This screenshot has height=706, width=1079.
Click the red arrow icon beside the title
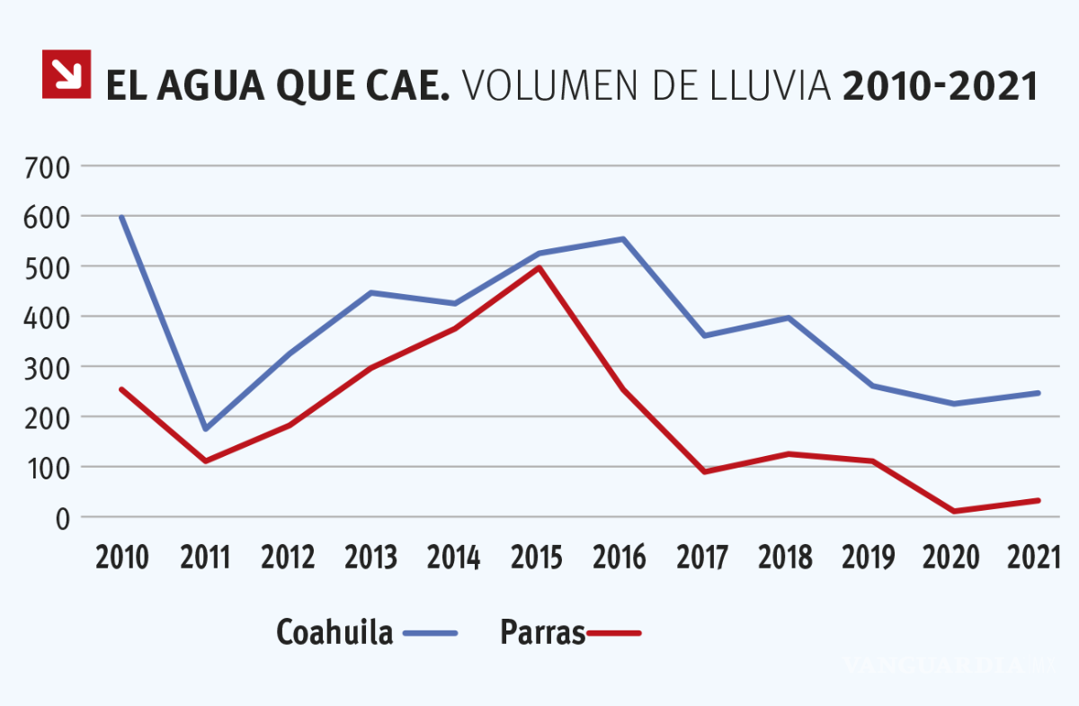[x=67, y=74]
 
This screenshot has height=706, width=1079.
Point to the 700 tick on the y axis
[x=49, y=167]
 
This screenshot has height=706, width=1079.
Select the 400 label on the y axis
[x=49, y=317]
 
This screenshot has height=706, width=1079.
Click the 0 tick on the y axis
[x=63, y=518]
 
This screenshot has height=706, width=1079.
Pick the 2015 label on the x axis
[x=538, y=559]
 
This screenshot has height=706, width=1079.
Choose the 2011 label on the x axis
[x=205, y=559]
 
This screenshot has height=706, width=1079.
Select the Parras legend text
[x=542, y=632]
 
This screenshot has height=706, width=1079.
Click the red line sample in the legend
[x=614, y=633]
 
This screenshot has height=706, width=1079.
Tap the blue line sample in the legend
[x=431, y=633]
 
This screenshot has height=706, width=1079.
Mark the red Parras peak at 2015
[x=539, y=267]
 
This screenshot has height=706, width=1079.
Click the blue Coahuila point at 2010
[x=121, y=217]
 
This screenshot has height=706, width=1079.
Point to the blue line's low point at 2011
[x=205, y=429]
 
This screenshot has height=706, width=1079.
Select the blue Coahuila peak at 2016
[x=622, y=238]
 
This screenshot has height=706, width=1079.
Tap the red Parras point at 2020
[x=954, y=511]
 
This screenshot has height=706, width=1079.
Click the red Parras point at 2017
[x=705, y=471]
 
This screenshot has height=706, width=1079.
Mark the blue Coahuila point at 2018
[x=789, y=317]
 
